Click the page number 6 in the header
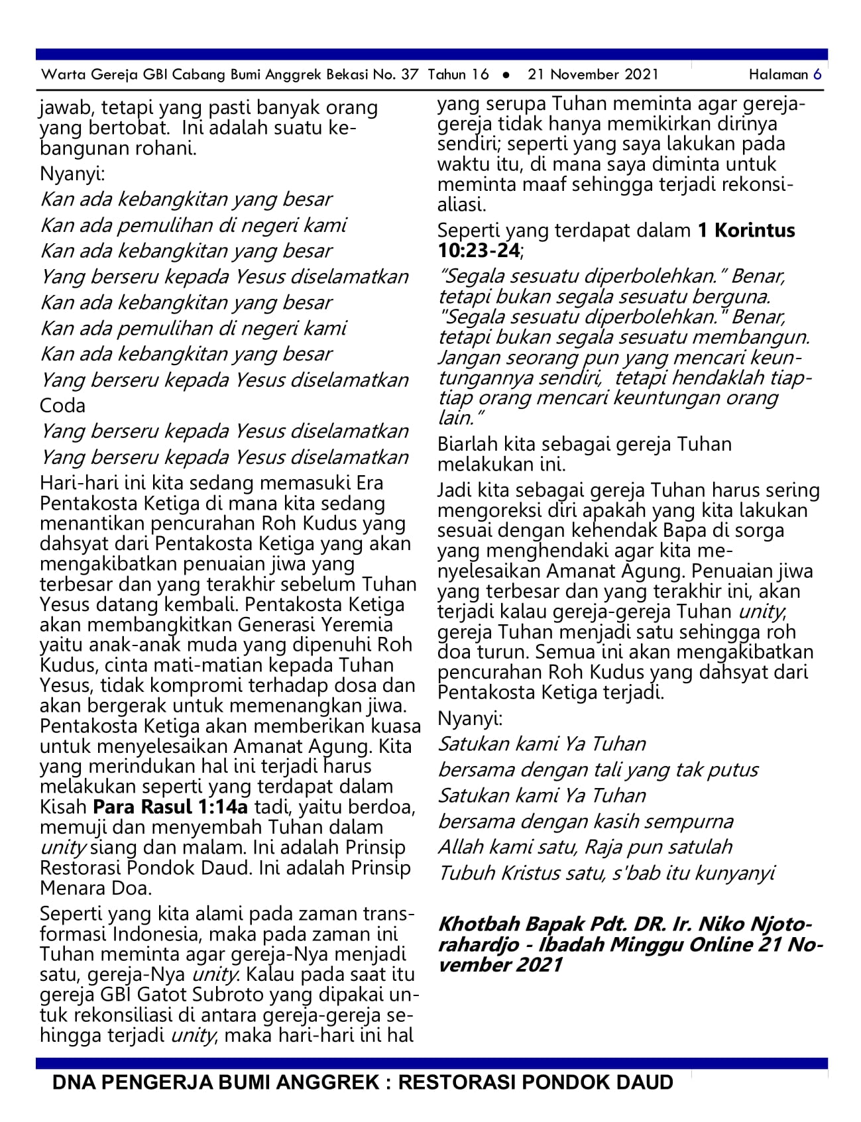[817, 74]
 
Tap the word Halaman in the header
[778, 74]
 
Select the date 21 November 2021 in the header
[593, 74]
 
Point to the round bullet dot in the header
[507, 75]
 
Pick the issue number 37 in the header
[410, 74]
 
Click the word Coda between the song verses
[62, 406]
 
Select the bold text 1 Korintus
[746, 231]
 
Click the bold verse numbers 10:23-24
[479, 251]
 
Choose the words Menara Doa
[96, 887]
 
